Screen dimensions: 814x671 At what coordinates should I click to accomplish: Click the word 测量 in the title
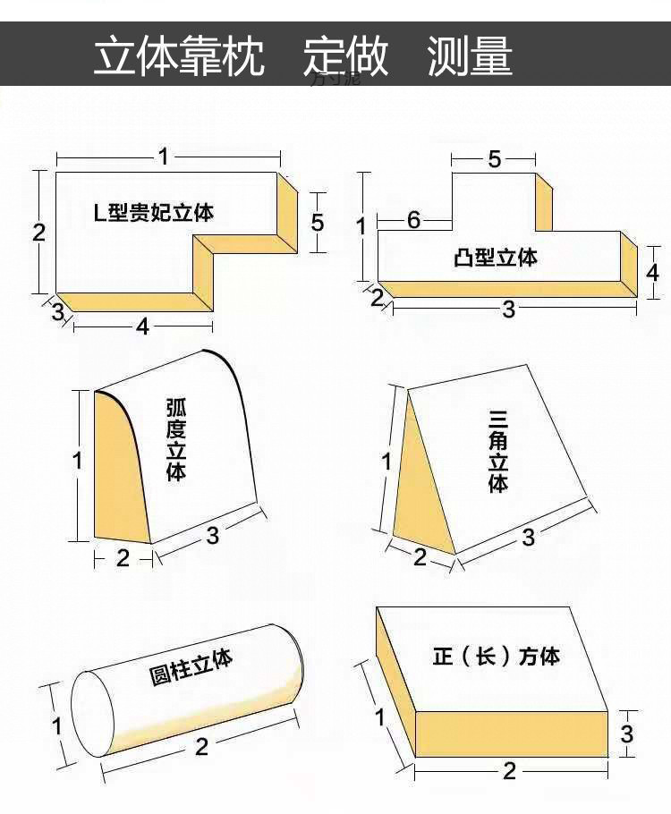(470, 55)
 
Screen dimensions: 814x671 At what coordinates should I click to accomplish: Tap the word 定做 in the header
(345, 55)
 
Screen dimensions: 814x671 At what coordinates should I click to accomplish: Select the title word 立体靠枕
(180, 55)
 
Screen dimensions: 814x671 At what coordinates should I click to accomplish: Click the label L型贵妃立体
(154, 213)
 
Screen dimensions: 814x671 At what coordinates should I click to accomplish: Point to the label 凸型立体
(496, 258)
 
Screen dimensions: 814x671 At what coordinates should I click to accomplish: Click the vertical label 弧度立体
(176, 439)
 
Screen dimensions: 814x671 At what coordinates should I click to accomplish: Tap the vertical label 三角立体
(498, 451)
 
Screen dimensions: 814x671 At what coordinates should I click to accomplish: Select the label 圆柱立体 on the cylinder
(191, 666)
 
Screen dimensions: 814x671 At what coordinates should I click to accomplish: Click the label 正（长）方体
(496, 656)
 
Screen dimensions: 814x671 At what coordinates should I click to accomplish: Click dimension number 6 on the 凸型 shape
(413, 219)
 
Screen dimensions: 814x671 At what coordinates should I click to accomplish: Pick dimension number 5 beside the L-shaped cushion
(318, 222)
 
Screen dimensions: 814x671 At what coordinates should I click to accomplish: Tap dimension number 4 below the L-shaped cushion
(142, 327)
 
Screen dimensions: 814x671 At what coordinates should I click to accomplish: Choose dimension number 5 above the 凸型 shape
(495, 160)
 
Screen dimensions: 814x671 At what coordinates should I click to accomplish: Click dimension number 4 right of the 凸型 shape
(652, 271)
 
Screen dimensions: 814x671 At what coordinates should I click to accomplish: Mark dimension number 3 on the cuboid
(627, 733)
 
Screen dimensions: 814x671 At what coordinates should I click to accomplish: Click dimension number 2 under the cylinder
(201, 746)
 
